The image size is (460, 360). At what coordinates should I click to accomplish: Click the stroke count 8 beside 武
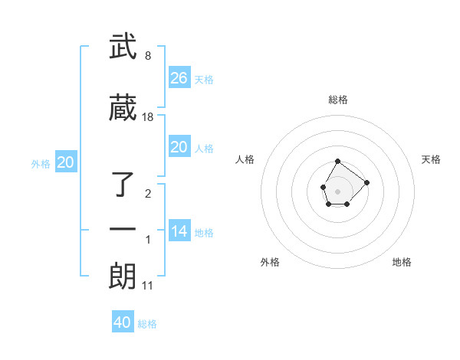pyautogui.click(x=147, y=56)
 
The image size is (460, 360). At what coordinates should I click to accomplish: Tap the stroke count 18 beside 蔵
pyautogui.click(x=148, y=116)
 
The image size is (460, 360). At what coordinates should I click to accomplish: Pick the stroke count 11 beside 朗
pyautogui.click(x=148, y=286)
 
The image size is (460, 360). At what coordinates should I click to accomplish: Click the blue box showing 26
pyautogui.click(x=179, y=77)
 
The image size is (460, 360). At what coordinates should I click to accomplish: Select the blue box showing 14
pyautogui.click(x=179, y=231)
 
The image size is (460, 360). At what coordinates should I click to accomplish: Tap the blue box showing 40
pyautogui.click(x=123, y=322)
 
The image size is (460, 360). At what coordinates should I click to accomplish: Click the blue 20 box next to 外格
pyautogui.click(x=65, y=162)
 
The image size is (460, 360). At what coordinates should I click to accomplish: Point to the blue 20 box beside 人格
pyautogui.click(x=179, y=147)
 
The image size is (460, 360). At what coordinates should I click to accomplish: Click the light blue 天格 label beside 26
pyautogui.click(x=204, y=79)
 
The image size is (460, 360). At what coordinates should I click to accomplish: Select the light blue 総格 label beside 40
pyautogui.click(x=147, y=324)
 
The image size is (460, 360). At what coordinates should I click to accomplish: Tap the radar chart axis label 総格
pyautogui.click(x=337, y=100)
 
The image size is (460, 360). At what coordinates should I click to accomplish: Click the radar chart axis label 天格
pyautogui.click(x=431, y=159)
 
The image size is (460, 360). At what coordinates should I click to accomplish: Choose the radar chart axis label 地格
pyautogui.click(x=402, y=262)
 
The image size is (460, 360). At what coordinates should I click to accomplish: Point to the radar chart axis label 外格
pyautogui.click(x=270, y=262)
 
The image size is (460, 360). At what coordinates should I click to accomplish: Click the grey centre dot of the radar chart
pyautogui.click(x=337, y=190)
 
